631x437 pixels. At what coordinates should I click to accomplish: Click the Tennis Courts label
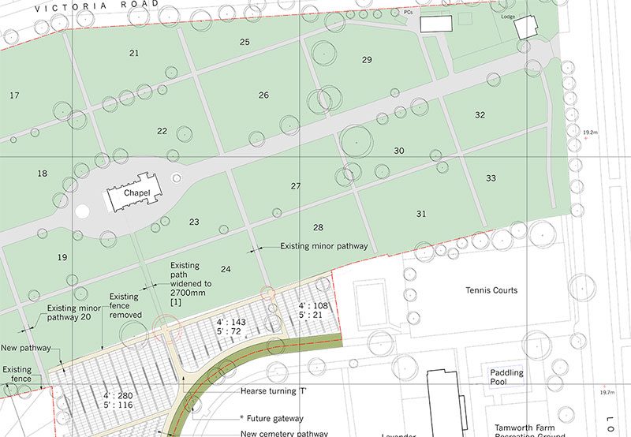491,290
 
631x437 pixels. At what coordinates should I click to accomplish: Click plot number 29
367,60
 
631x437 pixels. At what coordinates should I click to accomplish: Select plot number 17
14,95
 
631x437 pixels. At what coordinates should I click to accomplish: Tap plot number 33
491,178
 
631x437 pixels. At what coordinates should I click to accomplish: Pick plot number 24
226,269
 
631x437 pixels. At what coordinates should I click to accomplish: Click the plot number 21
134,53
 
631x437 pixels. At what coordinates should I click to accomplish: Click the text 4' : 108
313,305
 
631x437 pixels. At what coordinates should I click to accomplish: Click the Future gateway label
272,418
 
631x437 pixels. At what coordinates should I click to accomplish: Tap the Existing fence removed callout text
125,306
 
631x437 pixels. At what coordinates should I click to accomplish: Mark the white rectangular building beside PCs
435,24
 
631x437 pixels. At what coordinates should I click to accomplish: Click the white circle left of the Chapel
82,211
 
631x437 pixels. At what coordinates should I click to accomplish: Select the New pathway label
25,347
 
